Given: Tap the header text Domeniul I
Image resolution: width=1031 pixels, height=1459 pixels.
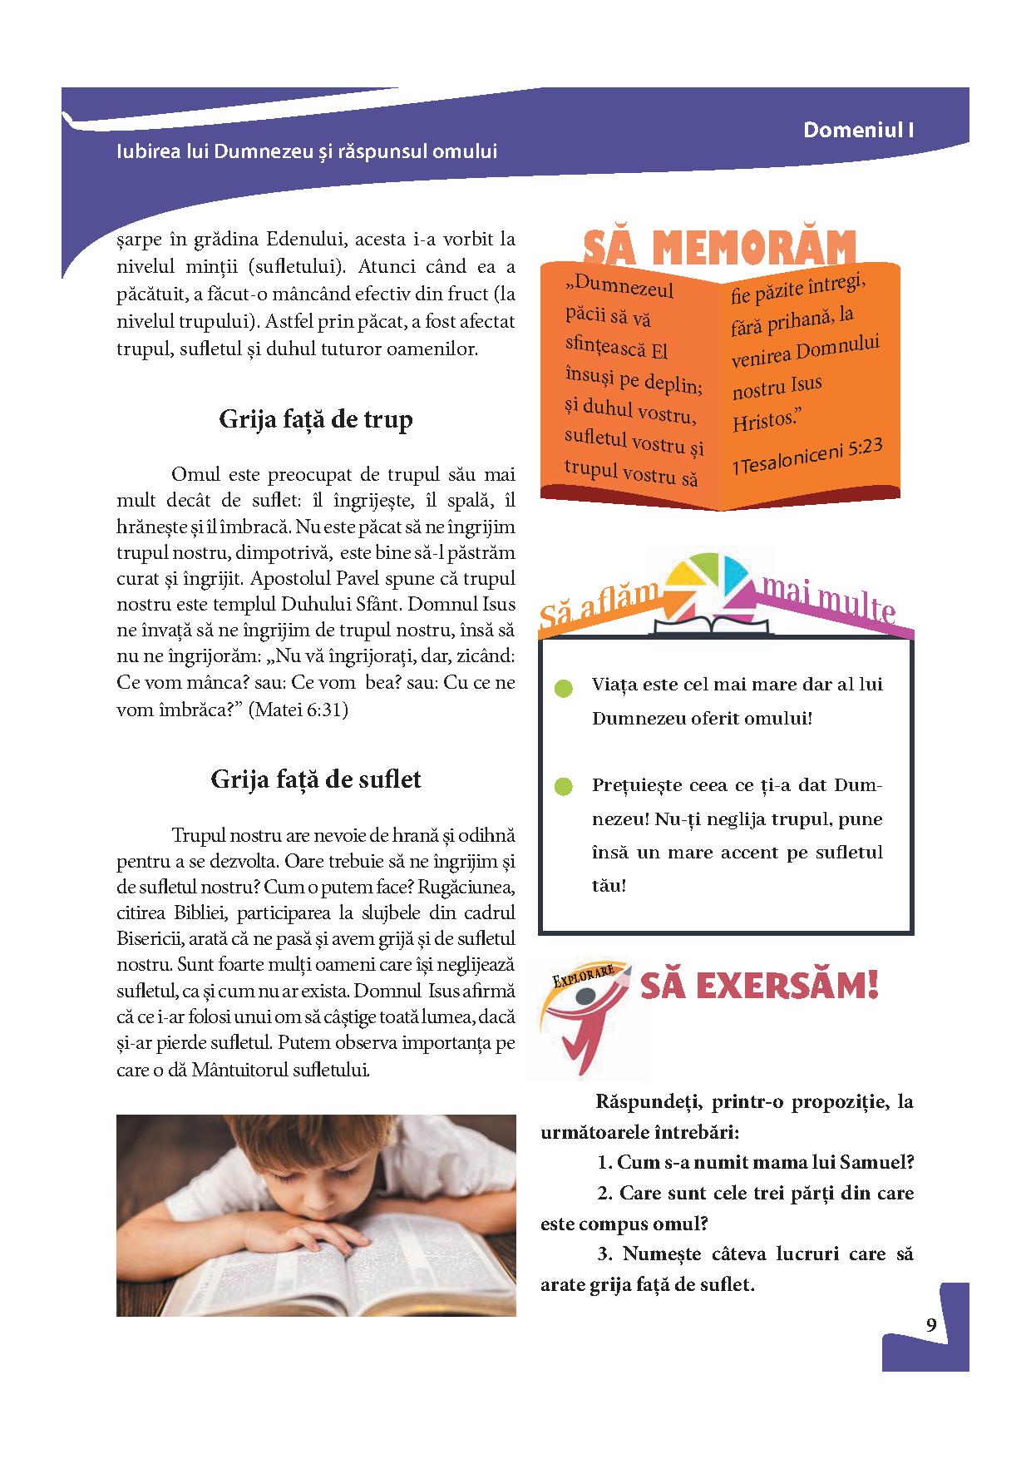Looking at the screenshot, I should (x=859, y=131).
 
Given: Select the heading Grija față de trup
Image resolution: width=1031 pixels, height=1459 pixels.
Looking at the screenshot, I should (x=316, y=418).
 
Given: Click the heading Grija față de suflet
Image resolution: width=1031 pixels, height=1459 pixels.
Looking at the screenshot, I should (x=316, y=779).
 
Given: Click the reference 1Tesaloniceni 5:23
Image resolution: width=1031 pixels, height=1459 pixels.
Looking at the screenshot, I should (x=807, y=457).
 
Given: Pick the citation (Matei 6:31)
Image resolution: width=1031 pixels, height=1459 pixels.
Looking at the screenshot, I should (x=298, y=710).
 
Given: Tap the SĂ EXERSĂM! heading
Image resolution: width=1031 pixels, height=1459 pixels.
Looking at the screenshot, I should (x=759, y=987).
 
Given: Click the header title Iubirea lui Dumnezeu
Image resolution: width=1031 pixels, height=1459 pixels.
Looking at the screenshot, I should (x=308, y=152).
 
